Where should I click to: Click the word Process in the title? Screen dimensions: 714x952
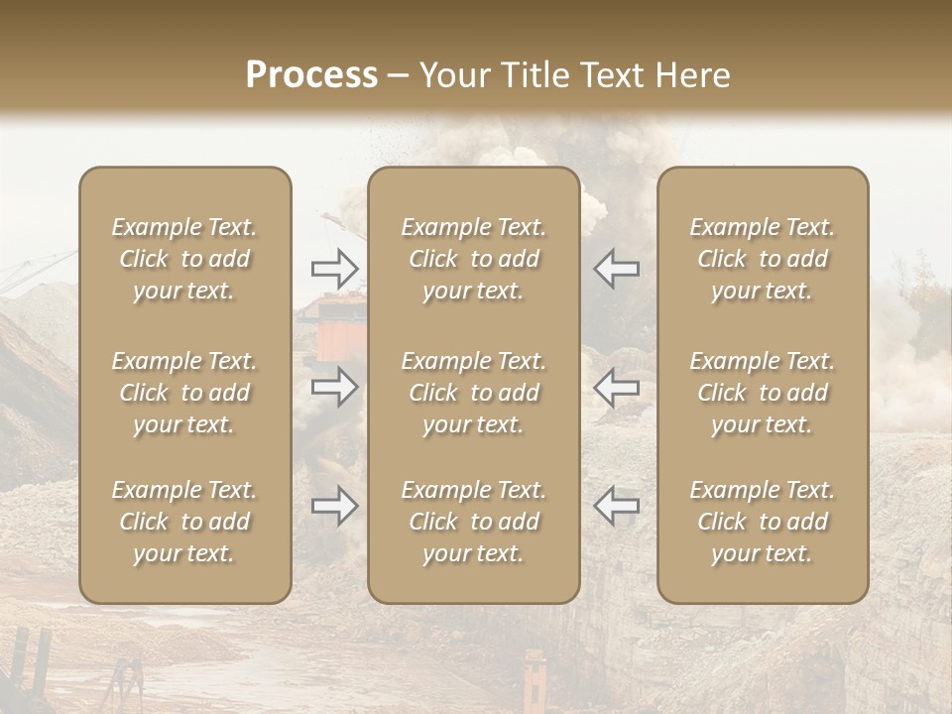pos(311,74)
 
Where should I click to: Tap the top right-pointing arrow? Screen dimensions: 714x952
pos(334,268)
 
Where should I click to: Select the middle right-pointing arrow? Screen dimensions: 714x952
pos(334,387)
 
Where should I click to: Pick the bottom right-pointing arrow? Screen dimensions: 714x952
pos(334,506)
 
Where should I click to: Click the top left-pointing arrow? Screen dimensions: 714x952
pos(616,268)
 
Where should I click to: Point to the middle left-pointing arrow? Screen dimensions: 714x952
pos(616,387)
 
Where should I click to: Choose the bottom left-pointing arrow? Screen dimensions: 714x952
pos(616,506)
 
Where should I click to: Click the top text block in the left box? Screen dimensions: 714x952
pos(184,259)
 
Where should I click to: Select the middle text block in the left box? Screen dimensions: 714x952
pos(184,393)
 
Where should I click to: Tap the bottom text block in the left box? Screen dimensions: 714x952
pos(184,522)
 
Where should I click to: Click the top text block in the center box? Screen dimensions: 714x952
pos(473,259)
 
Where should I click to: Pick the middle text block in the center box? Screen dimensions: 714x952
pos(473,393)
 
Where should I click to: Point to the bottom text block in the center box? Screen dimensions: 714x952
pos(473,522)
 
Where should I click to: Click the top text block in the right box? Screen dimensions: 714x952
pos(763,259)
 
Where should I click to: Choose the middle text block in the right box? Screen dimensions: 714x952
pos(763,393)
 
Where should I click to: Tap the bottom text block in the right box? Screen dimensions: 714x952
pos(763,522)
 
